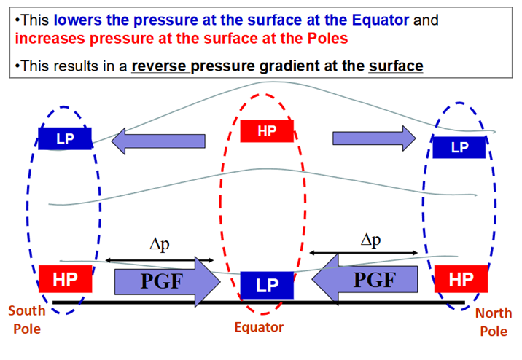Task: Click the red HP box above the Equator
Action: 267,131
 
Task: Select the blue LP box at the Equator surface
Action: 267,285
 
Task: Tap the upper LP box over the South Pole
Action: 65,138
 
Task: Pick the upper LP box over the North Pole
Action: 459,147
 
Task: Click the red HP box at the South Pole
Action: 66,279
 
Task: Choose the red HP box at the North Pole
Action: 461,279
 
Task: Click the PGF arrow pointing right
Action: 168,281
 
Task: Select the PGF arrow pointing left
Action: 365,280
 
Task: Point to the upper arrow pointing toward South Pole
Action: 158,141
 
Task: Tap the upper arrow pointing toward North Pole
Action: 374,138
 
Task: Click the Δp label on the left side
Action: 160,245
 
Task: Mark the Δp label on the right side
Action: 370,240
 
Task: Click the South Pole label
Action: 27,320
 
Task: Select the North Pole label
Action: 494,322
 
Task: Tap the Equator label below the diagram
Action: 259,327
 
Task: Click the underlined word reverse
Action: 159,66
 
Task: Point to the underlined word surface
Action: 396,66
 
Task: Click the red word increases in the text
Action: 50,39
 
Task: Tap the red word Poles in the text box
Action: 327,39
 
